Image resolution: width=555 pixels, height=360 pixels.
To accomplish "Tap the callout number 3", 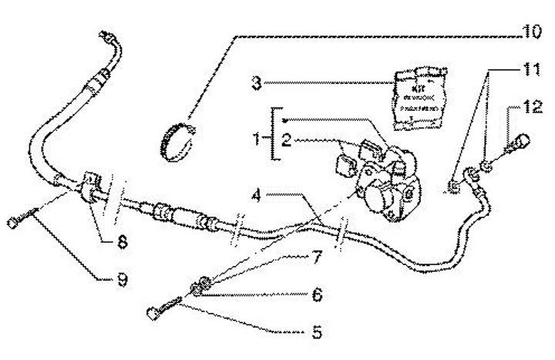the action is pos(256,82).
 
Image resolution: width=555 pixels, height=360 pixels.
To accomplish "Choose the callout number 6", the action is pos(316,294).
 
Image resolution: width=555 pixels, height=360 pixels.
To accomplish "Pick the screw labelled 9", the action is pos(23,218).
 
